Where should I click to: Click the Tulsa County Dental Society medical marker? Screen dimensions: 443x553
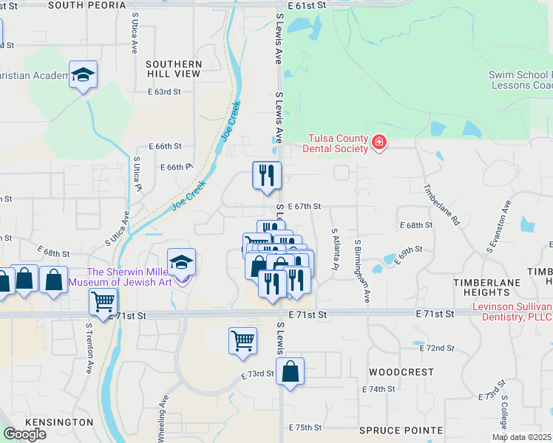pos(379,141)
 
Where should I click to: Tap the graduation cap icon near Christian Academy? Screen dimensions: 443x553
pos(84,75)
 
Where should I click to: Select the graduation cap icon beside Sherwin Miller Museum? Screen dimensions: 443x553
pos(182,262)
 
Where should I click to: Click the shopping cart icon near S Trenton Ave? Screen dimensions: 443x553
pos(104,301)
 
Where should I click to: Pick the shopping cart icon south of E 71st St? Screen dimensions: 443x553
pos(242,341)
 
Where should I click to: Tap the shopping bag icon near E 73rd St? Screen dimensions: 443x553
pos(291,372)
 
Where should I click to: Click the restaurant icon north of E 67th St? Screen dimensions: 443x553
pos(267,176)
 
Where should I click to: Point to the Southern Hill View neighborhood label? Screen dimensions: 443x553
pos(174,69)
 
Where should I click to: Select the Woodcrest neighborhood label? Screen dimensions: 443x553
pos(401,372)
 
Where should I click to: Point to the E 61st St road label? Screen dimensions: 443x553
pos(305,5)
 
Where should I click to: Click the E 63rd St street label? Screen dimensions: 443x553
pos(164,92)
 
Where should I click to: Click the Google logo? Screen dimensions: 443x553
pos(24,434)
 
